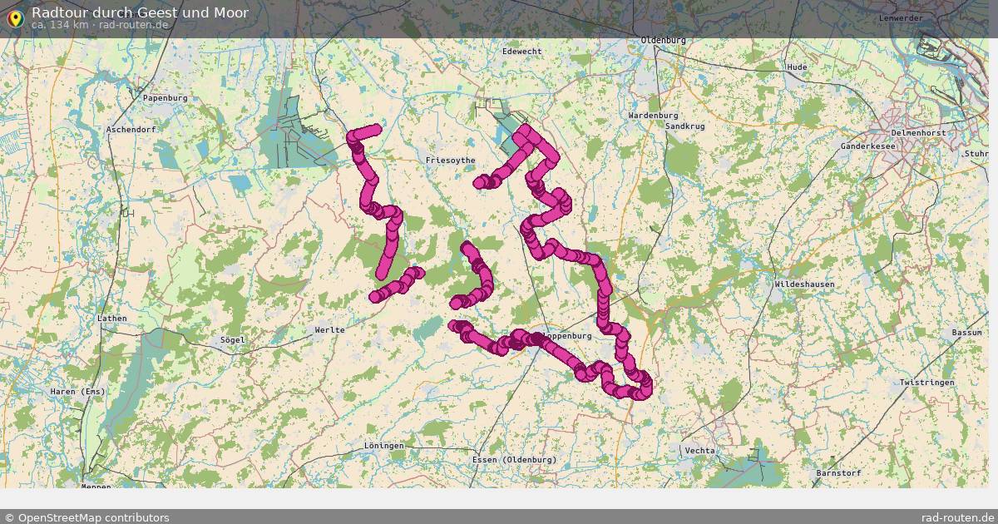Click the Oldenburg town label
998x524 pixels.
coord(663,40)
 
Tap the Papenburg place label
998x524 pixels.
coord(165,98)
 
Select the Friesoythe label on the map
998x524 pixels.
coord(450,160)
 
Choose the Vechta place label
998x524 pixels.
coord(699,451)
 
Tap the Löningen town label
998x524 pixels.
coord(383,446)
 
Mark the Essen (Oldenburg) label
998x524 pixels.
coord(513,460)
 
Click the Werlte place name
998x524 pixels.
coord(329,330)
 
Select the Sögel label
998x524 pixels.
coord(232,340)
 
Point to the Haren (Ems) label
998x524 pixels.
coord(77,392)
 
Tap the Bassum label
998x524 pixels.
coord(967,333)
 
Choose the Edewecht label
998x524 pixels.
coord(521,52)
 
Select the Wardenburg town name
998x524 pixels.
coord(653,116)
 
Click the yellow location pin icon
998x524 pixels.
coord(14,18)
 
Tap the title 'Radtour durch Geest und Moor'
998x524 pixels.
coord(139,12)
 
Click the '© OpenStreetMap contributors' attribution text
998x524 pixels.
coord(86,517)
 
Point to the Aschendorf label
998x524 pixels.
coord(131,130)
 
